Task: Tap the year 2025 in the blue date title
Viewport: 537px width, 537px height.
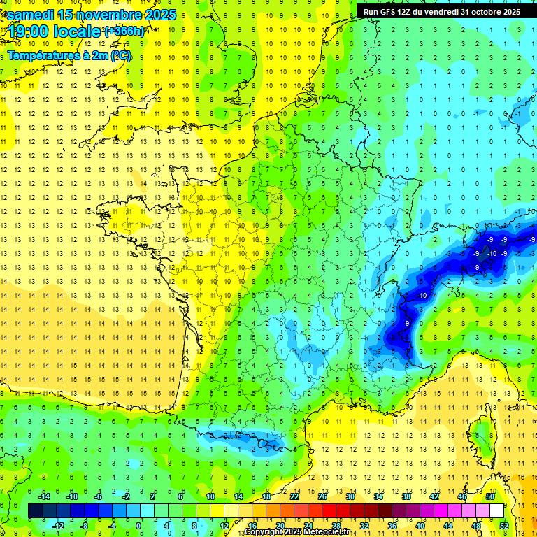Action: [159, 15]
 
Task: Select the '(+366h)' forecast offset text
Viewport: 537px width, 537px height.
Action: [124, 31]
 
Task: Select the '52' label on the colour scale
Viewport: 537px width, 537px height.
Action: [505, 525]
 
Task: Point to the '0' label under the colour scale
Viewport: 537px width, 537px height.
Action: [138, 525]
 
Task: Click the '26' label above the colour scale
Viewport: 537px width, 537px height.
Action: [322, 496]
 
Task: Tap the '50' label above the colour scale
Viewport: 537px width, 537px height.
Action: [491, 496]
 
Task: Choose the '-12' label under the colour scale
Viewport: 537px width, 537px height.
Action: [58, 525]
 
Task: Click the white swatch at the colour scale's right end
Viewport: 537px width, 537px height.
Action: [497, 510]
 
